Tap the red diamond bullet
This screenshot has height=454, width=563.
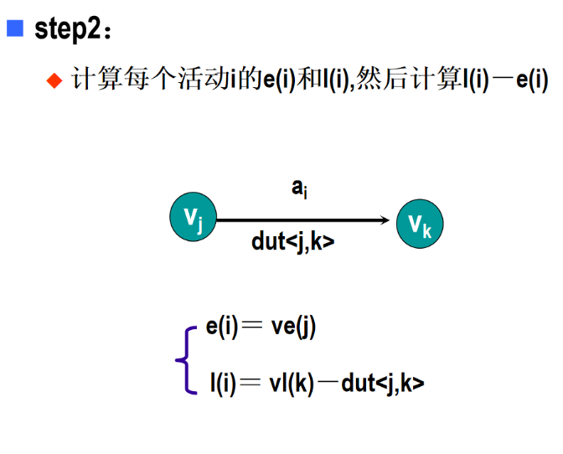(55, 80)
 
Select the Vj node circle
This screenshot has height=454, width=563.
(193, 219)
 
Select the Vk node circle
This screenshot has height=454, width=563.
(420, 224)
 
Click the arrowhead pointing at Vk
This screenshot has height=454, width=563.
(384, 220)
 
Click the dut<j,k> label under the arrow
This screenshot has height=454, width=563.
(292, 243)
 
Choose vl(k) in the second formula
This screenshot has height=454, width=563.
(292, 384)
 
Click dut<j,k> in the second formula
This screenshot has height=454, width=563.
(382, 384)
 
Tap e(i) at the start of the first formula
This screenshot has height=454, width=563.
(223, 328)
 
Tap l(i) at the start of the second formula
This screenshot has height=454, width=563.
(223, 384)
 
